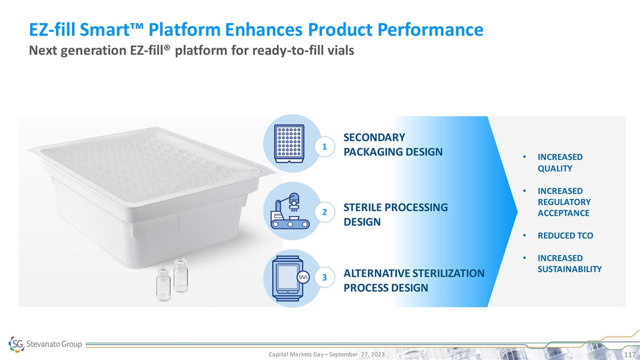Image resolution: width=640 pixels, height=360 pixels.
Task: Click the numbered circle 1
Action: (x=325, y=147)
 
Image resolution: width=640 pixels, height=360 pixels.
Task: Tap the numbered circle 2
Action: (x=325, y=212)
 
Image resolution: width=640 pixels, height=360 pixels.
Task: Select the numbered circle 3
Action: (x=325, y=277)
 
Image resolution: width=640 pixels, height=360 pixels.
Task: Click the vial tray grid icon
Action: (x=289, y=143)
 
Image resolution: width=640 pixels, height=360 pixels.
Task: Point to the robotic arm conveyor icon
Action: (x=290, y=211)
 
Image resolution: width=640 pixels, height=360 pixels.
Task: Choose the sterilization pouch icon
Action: (x=290, y=278)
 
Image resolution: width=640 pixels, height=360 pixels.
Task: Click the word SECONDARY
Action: (x=374, y=138)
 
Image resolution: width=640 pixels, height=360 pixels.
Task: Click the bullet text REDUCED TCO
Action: (x=565, y=235)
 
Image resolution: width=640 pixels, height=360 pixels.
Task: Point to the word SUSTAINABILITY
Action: (x=570, y=269)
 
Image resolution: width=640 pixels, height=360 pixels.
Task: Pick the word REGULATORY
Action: (x=564, y=202)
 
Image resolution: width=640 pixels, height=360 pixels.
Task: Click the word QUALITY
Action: (x=555, y=169)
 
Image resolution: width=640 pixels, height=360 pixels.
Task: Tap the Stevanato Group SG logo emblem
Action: (x=17, y=344)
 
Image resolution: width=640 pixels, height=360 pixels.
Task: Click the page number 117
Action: (x=630, y=355)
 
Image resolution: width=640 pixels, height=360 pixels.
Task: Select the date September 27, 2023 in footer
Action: (x=357, y=354)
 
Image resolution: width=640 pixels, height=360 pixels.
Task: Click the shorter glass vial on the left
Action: (x=163, y=284)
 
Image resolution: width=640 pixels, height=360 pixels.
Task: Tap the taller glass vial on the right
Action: (x=181, y=275)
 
